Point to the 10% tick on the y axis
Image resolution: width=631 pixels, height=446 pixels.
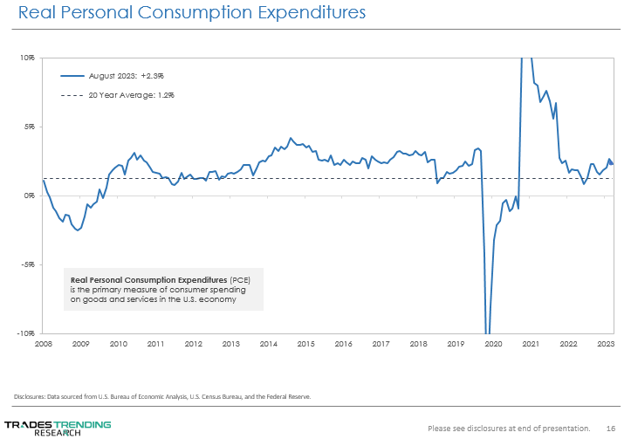click(28, 58)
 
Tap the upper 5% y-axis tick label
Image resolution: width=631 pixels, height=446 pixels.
click(29, 127)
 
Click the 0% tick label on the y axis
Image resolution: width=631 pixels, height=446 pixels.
click(29, 196)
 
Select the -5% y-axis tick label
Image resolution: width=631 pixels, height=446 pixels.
click(28, 264)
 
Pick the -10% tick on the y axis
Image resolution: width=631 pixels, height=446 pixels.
click(26, 333)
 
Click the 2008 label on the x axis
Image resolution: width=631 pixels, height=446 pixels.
click(44, 344)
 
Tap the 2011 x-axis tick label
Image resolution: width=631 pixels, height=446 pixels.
click(156, 344)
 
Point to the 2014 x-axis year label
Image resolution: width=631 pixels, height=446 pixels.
click(269, 344)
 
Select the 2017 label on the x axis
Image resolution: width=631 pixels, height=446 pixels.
click(381, 344)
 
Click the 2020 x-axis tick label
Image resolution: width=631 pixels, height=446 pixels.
click(493, 344)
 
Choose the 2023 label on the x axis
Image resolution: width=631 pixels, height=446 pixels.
click(604, 344)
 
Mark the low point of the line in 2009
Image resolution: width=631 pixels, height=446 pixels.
click(78, 230)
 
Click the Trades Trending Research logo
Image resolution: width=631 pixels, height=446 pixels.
click(58, 428)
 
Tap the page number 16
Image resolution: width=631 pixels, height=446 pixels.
click(611, 429)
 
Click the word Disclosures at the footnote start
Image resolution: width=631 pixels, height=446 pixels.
click(32, 396)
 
